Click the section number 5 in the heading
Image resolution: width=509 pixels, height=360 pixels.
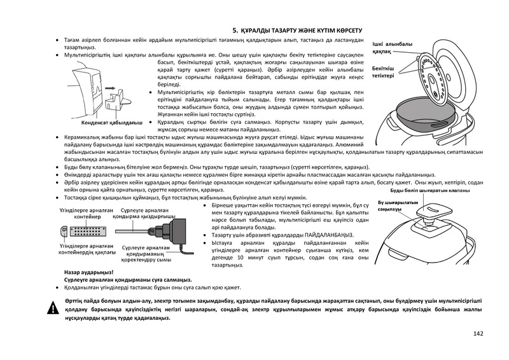[234, 30]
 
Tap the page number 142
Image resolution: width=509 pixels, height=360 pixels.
[478, 335]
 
